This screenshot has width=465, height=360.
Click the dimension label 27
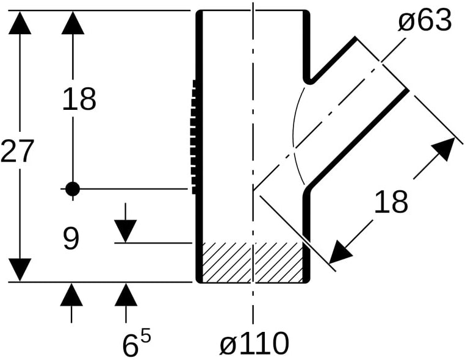[16, 151]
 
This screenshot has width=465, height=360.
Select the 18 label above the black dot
[79, 99]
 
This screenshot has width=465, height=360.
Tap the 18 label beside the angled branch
[391, 201]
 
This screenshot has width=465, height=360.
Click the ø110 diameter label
[254, 343]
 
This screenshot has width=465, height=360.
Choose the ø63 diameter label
[425, 20]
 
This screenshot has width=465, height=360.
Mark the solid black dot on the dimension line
[73, 189]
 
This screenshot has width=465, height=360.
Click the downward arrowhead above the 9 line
[125, 231]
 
